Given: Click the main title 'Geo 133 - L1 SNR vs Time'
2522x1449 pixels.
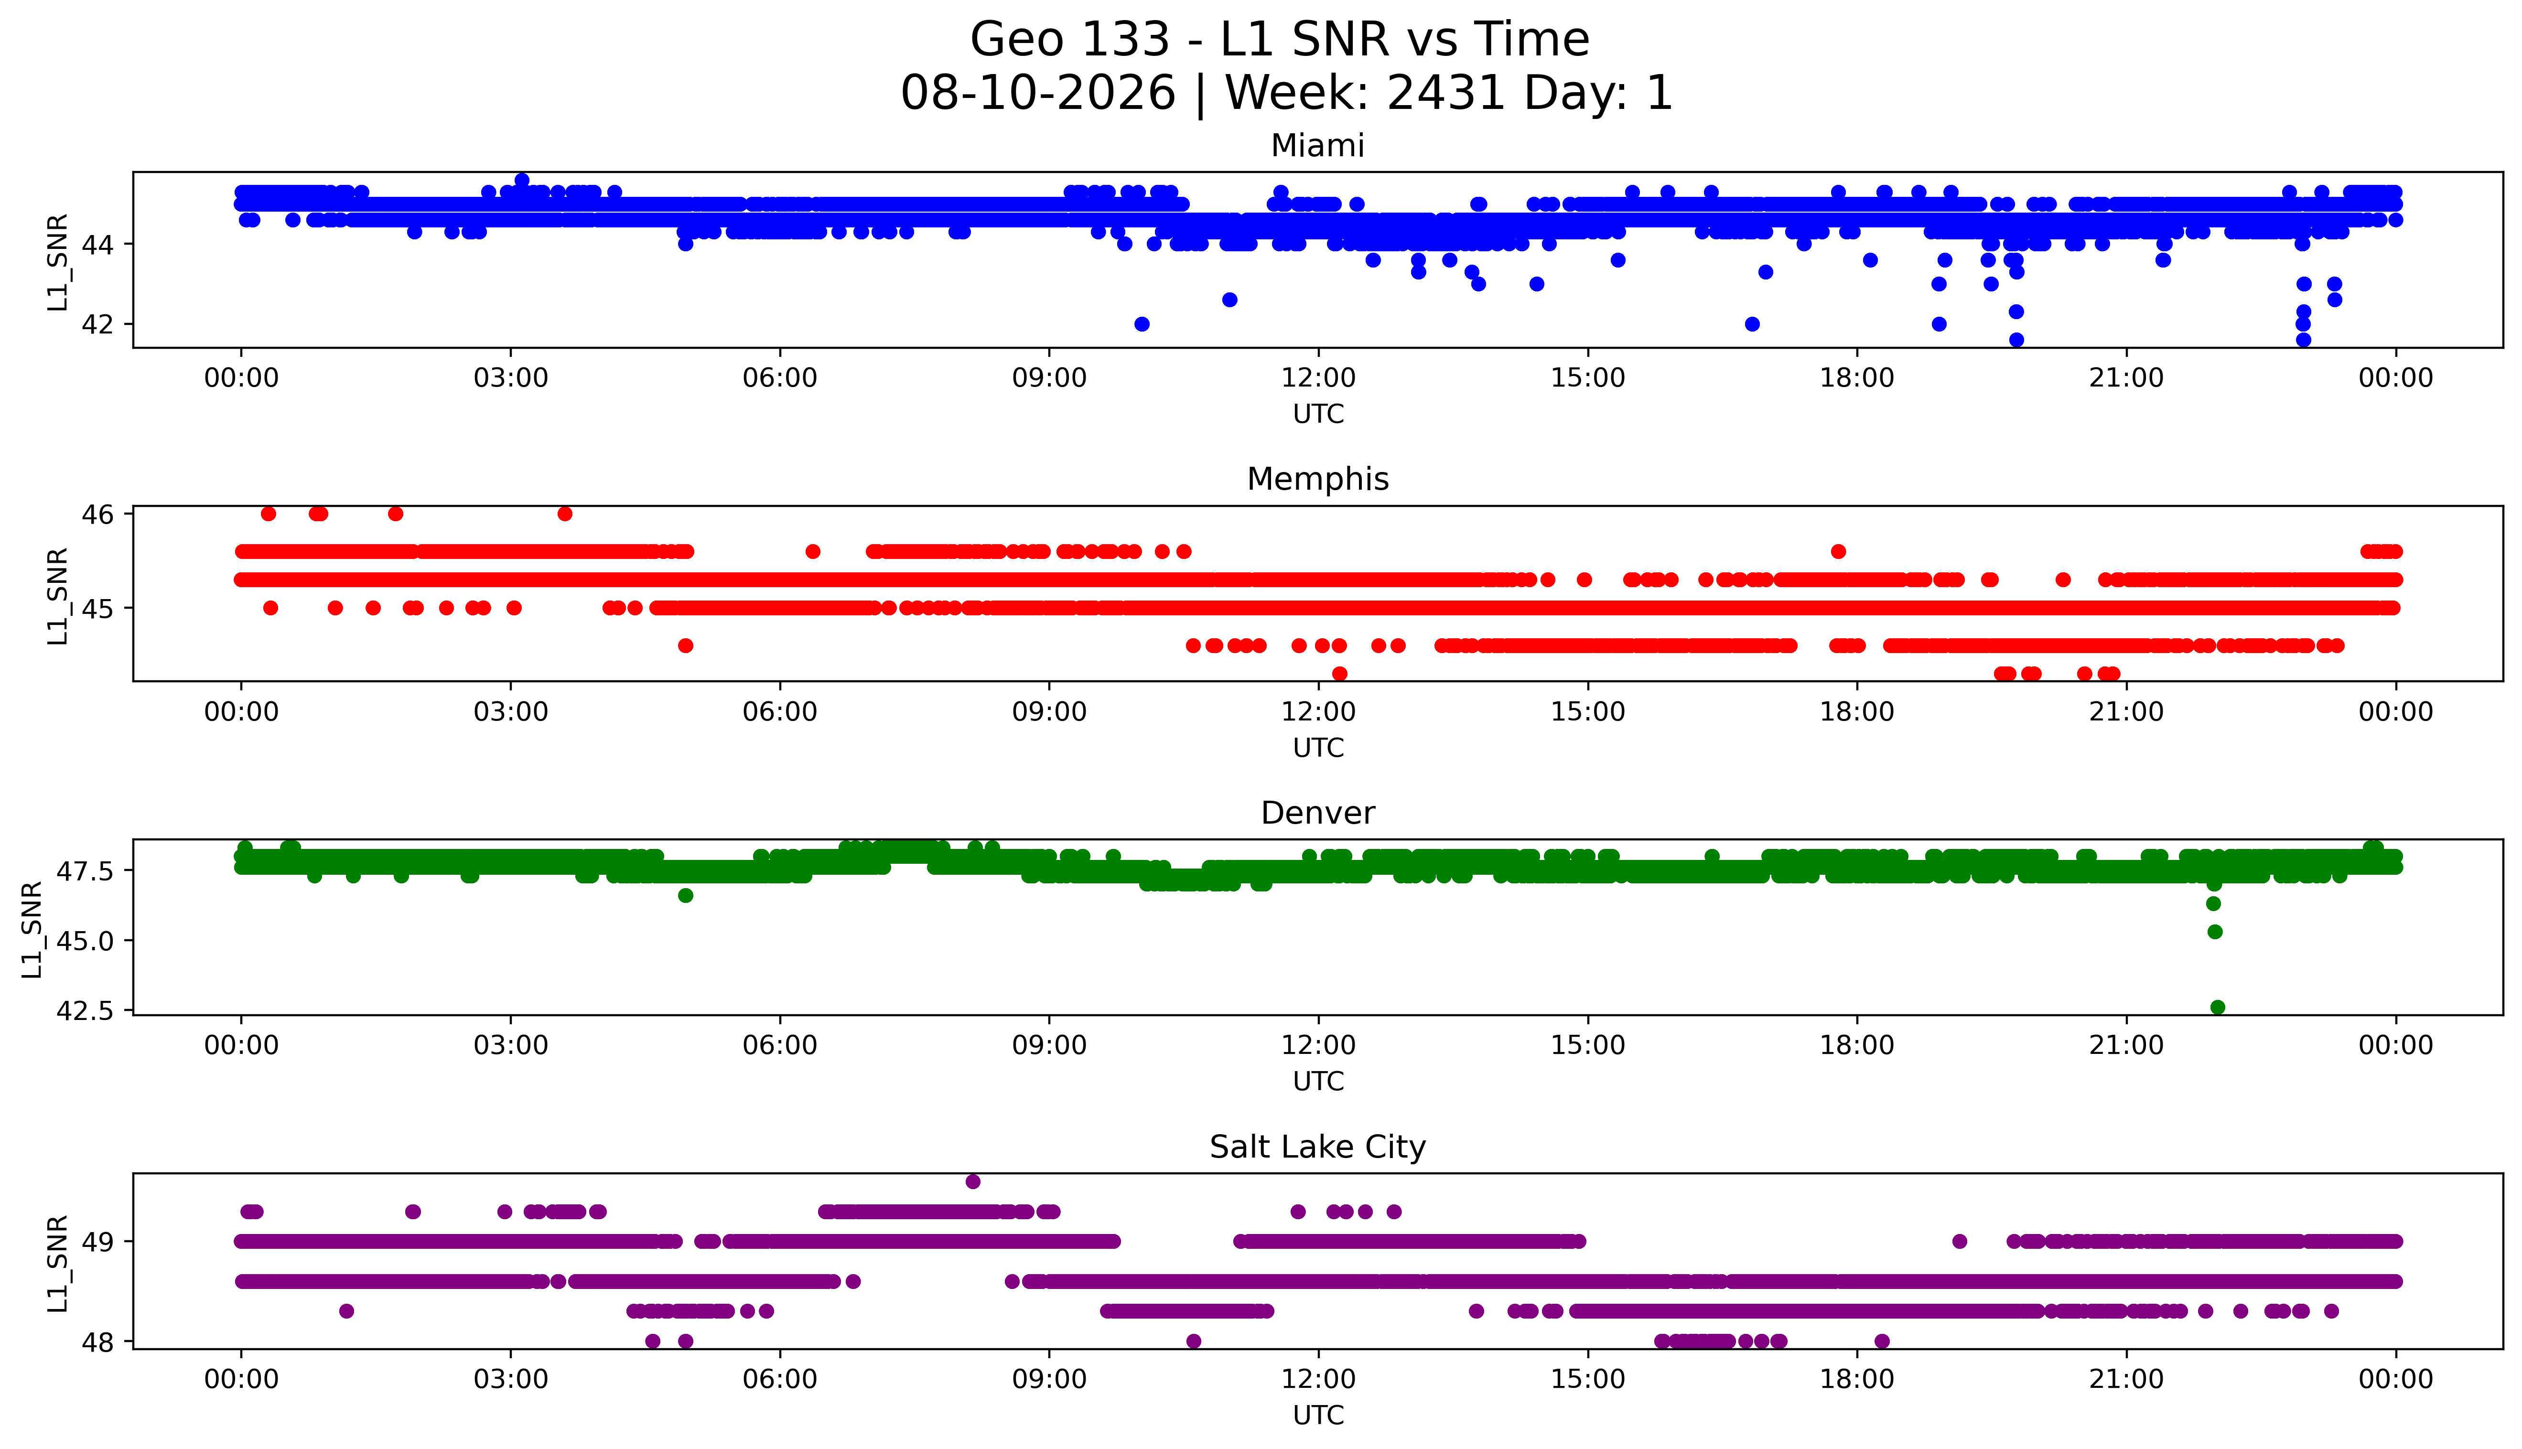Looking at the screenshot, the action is (1280, 40).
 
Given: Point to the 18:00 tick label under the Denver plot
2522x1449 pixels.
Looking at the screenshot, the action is (1857, 1046).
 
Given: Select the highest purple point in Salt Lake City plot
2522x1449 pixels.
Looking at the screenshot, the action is (972, 1181).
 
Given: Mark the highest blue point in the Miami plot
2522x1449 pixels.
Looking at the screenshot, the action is (521, 180).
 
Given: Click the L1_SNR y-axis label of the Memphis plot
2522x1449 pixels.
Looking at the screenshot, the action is (58, 596).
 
